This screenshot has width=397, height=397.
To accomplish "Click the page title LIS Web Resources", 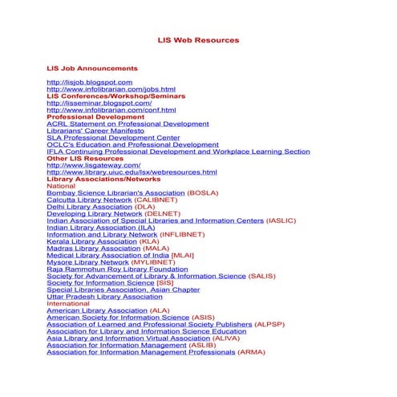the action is pos(198,39).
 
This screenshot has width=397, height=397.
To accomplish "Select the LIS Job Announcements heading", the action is pos(92,68).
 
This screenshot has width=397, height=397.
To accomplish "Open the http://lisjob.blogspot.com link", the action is pos(90,82).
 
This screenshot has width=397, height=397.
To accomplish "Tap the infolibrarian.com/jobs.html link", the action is pos(111,89).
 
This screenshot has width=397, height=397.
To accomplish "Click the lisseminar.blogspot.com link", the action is pos(99,103).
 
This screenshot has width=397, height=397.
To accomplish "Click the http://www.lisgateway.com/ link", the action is pos(94,165).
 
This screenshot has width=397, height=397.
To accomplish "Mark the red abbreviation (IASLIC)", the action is pos(281,221).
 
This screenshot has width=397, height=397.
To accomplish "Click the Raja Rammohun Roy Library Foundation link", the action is pos(117,269).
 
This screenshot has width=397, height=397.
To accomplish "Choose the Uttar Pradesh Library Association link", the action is pos(104,297).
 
